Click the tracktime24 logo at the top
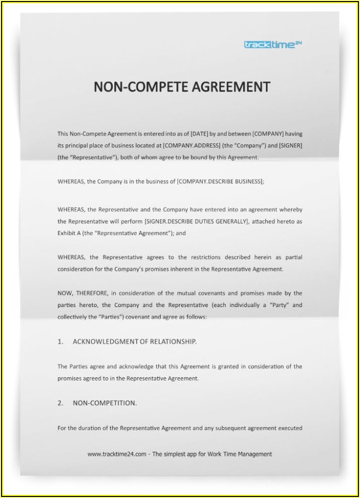pos(273,45)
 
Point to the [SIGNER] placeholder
pos(290,145)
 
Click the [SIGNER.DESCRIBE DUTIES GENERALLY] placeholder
pos(197,222)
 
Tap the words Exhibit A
pos(69,233)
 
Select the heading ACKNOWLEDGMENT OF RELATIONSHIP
pos(134,342)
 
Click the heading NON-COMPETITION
pos(104,403)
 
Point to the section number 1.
pos(60,342)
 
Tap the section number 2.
pos(60,403)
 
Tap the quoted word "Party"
pos(278,305)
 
